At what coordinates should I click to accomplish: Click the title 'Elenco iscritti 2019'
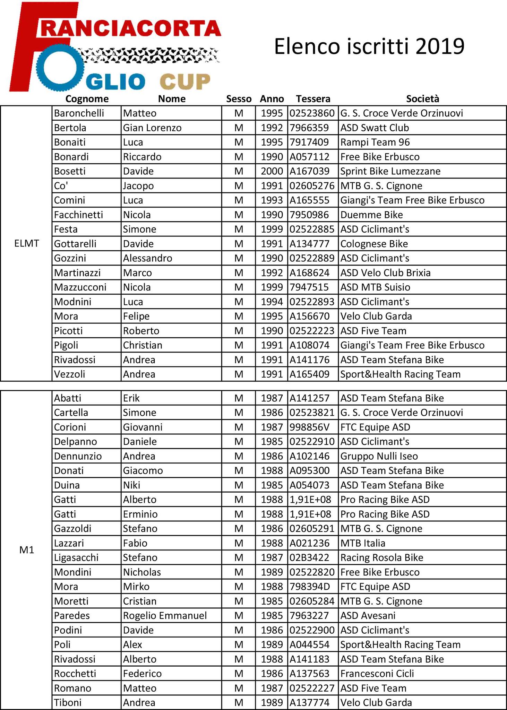tap(369, 46)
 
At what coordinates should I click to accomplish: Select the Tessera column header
tap(313, 99)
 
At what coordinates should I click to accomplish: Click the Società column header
tap(422, 99)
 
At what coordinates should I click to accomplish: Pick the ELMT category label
tap(26, 243)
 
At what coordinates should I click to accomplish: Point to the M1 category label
tap(26, 550)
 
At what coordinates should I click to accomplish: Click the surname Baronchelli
tap(79, 113)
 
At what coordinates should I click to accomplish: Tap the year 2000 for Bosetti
tap(272, 171)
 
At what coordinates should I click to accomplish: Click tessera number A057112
tap(310, 157)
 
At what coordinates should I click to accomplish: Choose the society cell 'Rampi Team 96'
tap(375, 142)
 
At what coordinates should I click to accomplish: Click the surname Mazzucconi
tap(80, 287)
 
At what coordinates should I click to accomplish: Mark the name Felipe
tap(136, 316)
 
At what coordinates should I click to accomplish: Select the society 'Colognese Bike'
tap(374, 244)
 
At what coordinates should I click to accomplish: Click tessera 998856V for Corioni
tap(310, 427)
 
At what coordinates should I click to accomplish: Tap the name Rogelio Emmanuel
tap(165, 615)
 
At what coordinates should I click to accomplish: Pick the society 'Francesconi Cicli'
tap(377, 673)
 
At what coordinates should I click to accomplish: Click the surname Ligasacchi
tap(76, 557)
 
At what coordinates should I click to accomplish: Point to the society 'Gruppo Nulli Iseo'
tap(379, 456)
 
